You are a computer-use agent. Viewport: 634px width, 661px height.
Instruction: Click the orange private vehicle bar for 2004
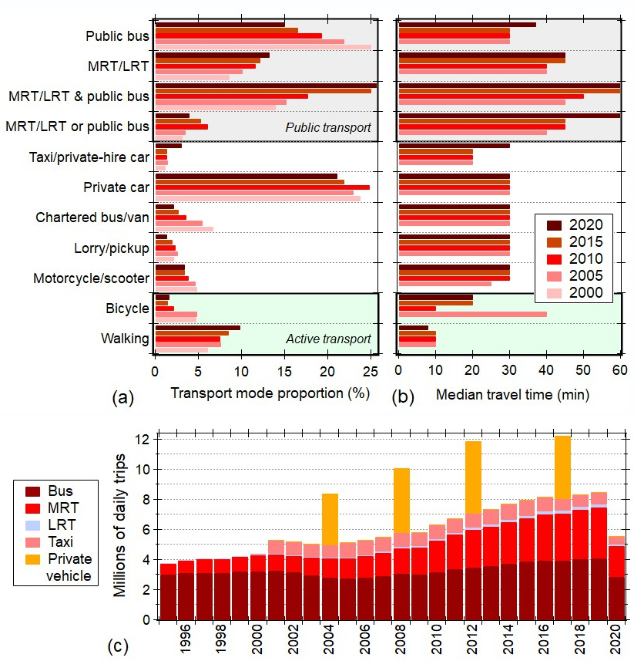coord(330,519)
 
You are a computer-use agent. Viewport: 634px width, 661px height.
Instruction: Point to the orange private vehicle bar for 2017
coord(562,467)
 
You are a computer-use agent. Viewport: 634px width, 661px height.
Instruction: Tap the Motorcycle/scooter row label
coord(91,278)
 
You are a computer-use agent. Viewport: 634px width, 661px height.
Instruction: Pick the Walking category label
coord(125,339)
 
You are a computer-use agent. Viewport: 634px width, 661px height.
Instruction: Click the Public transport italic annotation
coord(328,127)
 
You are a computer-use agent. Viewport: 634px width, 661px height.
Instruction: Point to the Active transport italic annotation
coord(328,339)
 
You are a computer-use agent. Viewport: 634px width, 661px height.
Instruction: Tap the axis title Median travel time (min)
coord(512,394)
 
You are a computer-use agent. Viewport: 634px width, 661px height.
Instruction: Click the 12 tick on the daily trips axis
coord(144,440)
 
